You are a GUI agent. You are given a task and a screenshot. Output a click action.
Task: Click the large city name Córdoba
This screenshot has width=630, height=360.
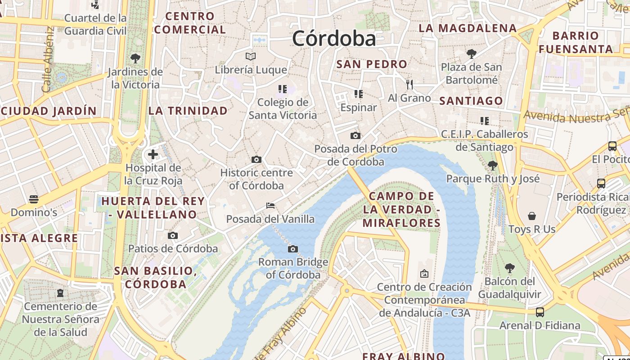334,38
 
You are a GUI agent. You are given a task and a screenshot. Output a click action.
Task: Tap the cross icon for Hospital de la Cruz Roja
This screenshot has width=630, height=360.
153,155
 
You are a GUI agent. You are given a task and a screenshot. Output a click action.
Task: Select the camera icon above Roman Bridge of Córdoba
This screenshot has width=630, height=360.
293,249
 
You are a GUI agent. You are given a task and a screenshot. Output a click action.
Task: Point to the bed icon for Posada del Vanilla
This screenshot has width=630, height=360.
270,206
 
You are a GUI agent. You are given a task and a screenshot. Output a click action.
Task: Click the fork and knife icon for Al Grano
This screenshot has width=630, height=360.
409,84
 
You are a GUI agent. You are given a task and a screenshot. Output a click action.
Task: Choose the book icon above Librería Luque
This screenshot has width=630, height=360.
251,56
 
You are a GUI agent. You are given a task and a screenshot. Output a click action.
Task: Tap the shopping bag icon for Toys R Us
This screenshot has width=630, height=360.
532,216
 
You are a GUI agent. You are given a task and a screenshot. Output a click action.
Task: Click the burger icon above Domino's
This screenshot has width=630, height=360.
34,198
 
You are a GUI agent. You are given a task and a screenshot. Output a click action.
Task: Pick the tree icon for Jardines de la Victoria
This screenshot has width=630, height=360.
135,58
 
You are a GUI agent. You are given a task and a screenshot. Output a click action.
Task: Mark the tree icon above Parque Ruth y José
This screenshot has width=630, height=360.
493,166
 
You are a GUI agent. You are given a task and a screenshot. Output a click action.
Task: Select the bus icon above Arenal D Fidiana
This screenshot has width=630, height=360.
540,312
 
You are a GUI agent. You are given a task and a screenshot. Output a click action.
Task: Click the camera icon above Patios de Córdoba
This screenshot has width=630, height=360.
172,235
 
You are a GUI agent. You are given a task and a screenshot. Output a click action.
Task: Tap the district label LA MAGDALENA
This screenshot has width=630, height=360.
468,28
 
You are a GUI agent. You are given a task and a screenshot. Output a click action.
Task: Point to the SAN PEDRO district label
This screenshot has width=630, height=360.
372,64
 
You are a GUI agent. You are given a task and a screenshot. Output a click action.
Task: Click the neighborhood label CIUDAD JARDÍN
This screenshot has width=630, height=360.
49,111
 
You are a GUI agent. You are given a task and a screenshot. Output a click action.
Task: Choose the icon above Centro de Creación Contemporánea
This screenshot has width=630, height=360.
424,274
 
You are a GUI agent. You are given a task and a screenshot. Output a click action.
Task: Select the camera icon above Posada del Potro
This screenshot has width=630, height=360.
355,135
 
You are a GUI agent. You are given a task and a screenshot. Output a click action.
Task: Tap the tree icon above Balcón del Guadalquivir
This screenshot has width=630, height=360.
509,268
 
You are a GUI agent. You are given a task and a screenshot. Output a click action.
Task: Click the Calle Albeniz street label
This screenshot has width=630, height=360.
48,59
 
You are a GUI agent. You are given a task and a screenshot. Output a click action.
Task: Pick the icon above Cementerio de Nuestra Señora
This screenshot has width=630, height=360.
60,293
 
